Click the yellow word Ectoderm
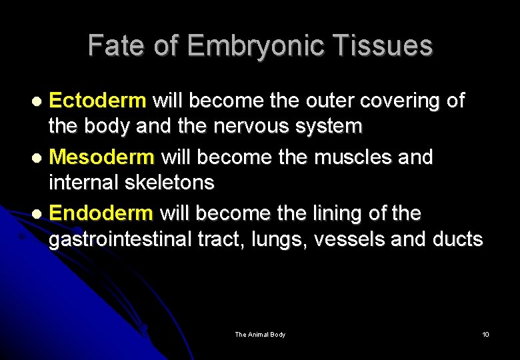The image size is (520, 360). [x=97, y=101]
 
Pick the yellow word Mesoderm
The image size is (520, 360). [x=102, y=158]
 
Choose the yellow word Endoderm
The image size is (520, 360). [x=101, y=214]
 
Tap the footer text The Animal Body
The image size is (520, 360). [x=260, y=334]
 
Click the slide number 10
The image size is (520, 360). [x=485, y=334]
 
